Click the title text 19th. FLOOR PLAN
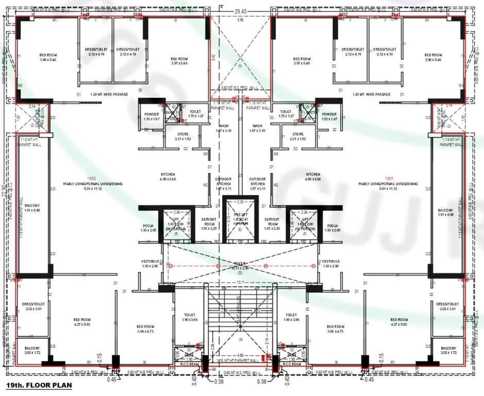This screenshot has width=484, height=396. coord(39,385)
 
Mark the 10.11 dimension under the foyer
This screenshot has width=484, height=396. coord(240,282)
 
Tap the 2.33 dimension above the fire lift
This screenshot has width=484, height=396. coord(240,202)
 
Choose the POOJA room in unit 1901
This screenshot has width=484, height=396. coord(332,228)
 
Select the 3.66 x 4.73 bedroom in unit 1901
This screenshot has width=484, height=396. coord(336,329)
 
